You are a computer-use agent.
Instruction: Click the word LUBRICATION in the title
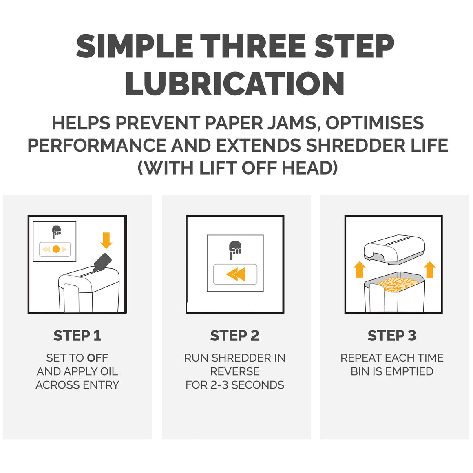tap(235, 84)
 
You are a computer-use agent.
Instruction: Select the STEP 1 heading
tap(77, 336)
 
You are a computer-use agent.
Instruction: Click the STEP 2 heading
tap(235, 336)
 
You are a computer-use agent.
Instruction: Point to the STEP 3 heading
tap(392, 336)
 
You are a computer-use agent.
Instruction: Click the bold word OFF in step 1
tap(97, 358)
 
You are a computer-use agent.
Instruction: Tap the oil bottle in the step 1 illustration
tap(102, 263)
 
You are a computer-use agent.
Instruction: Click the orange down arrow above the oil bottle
tap(106, 241)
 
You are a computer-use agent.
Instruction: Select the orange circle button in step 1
tap(56, 249)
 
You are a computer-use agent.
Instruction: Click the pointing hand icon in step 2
tap(235, 250)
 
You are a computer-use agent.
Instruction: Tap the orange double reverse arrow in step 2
tap(235, 274)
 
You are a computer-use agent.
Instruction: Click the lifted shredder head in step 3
tap(394, 250)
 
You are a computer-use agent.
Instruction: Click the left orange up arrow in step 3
tap(360, 269)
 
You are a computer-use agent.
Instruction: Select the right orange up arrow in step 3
tap(429, 269)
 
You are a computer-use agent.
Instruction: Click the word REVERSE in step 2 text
tap(235, 371)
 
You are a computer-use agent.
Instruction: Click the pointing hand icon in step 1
tap(56, 232)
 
